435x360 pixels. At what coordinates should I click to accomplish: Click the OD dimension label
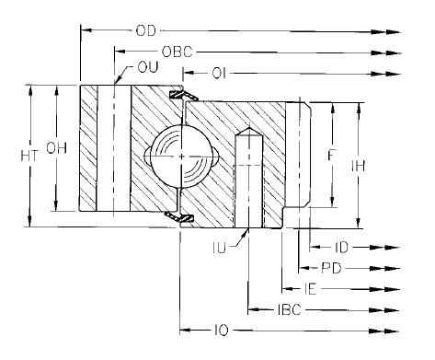(145, 30)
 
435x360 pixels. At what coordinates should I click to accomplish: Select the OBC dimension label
(177, 52)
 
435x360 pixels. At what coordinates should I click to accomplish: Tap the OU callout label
(148, 67)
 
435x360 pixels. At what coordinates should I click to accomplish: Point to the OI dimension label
(219, 74)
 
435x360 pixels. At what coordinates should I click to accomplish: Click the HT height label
(29, 156)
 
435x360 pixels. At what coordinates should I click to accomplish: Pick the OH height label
(56, 148)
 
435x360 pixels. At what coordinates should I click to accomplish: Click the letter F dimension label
(330, 155)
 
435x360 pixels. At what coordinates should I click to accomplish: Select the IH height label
(358, 166)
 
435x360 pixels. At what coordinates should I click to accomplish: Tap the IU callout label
(220, 248)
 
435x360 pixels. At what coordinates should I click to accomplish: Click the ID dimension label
(342, 248)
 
